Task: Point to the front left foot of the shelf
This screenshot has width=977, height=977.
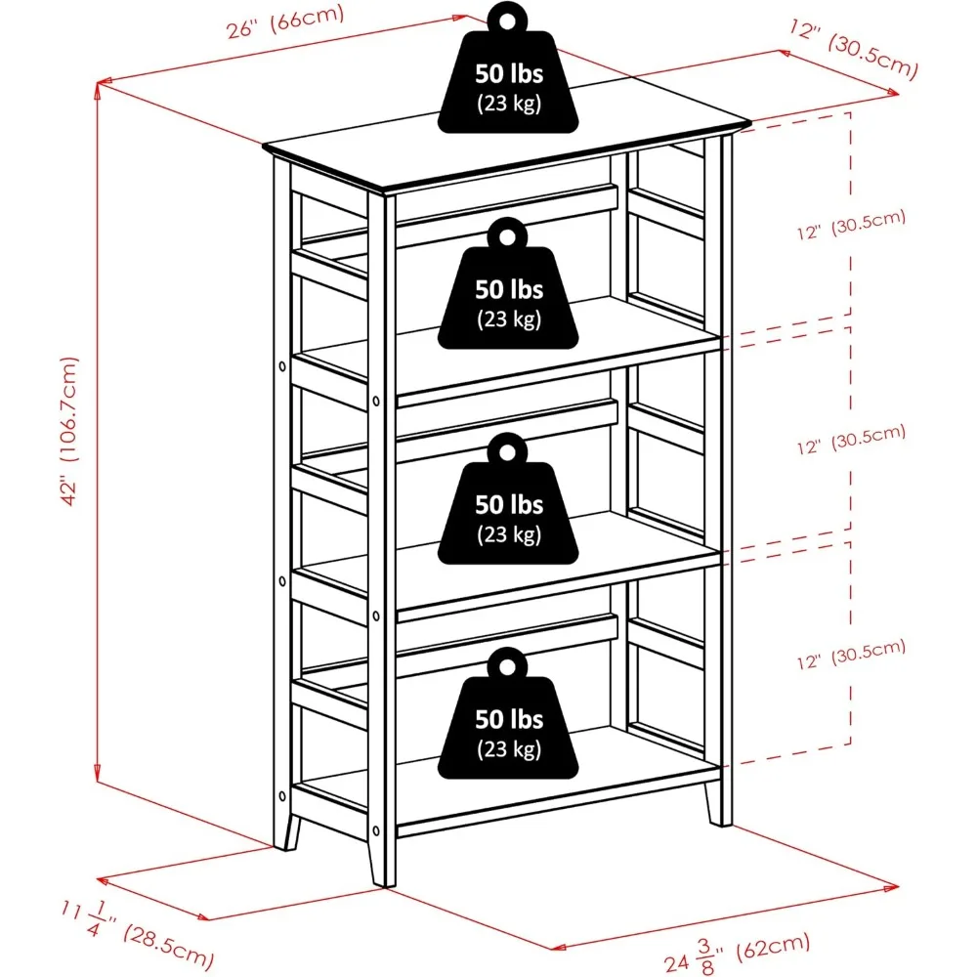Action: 287,830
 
